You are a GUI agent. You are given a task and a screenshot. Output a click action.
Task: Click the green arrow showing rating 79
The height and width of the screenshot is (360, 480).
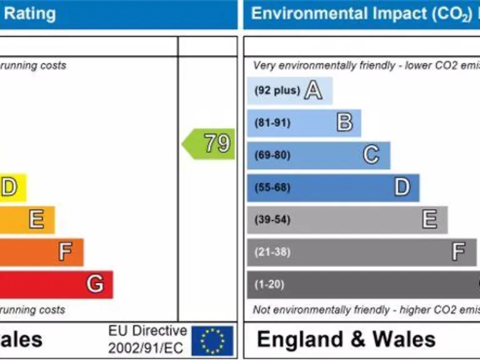209,144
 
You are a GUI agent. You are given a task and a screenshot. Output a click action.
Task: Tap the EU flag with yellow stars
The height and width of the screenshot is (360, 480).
212,341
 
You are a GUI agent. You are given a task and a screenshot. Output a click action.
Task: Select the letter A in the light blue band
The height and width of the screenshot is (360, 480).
313,91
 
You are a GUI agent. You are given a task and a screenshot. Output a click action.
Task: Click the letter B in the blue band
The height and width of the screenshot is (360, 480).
344,122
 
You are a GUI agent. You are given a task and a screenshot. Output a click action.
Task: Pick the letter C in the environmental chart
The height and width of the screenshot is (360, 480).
371,154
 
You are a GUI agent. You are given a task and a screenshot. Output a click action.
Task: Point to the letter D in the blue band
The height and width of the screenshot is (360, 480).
402,187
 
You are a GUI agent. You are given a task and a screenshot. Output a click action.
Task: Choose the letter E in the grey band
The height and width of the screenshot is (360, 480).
429,219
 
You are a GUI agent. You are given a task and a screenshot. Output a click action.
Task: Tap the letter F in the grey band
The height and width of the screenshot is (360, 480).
459,252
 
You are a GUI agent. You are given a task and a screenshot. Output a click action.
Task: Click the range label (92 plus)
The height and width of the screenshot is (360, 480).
277,91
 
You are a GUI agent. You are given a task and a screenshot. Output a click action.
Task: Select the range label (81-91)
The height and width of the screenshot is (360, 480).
272,123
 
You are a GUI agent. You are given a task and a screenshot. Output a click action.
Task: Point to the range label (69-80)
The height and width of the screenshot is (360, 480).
272,155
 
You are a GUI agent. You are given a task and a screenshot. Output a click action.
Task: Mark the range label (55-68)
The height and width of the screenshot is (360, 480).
272,187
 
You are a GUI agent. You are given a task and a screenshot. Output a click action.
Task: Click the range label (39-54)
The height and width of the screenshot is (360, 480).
272,220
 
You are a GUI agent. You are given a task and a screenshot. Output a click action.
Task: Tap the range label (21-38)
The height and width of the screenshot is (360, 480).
272,252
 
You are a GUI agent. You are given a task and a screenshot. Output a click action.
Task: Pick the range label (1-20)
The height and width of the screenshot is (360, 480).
269,285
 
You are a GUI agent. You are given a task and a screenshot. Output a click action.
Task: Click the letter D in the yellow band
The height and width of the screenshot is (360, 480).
9,187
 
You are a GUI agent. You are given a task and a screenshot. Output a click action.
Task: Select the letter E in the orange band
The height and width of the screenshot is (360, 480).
36,219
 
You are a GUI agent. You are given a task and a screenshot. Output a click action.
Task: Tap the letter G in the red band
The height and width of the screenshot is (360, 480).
95,284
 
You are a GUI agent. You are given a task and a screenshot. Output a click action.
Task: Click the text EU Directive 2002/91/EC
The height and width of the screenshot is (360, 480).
147,339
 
